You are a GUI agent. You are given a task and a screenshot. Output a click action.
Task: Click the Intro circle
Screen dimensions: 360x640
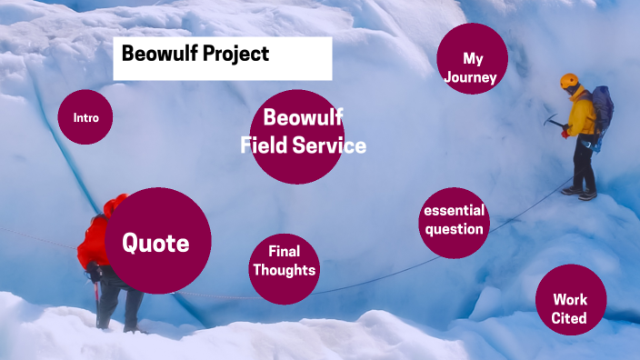tap(85, 117)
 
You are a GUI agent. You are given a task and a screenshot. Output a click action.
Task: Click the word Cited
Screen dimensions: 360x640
tap(569, 318)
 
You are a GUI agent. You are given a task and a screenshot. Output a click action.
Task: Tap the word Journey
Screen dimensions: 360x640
tap(471, 77)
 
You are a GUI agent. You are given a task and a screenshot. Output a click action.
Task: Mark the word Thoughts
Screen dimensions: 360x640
tap(284, 270)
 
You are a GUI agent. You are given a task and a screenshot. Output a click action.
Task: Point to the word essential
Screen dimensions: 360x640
tap(454, 211)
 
